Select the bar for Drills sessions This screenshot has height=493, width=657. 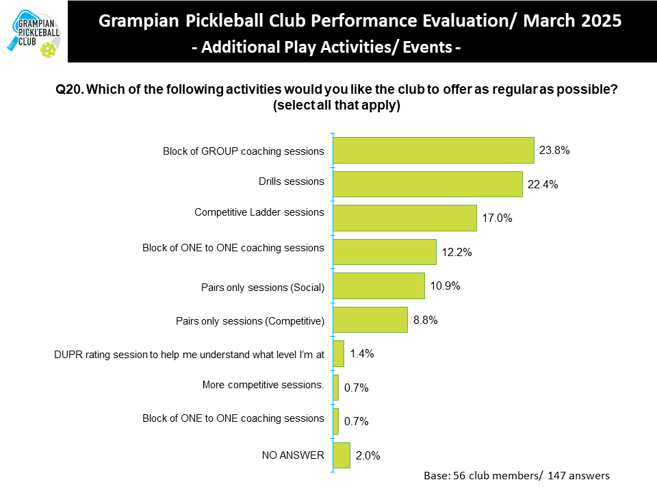point(428,184)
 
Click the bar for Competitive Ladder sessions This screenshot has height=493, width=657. point(404,218)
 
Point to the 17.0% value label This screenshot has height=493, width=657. point(498,218)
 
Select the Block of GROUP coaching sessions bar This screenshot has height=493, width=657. point(433,151)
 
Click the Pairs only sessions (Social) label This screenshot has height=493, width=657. point(250,288)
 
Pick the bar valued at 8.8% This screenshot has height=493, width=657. point(370,320)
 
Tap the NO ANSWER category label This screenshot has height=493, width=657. point(293,454)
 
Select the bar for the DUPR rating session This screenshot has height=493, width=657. point(338,354)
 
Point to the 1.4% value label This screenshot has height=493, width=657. point(361,354)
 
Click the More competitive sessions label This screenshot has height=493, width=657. point(263,385)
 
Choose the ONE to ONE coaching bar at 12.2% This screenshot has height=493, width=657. point(385,252)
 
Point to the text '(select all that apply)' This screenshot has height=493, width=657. point(336,106)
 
